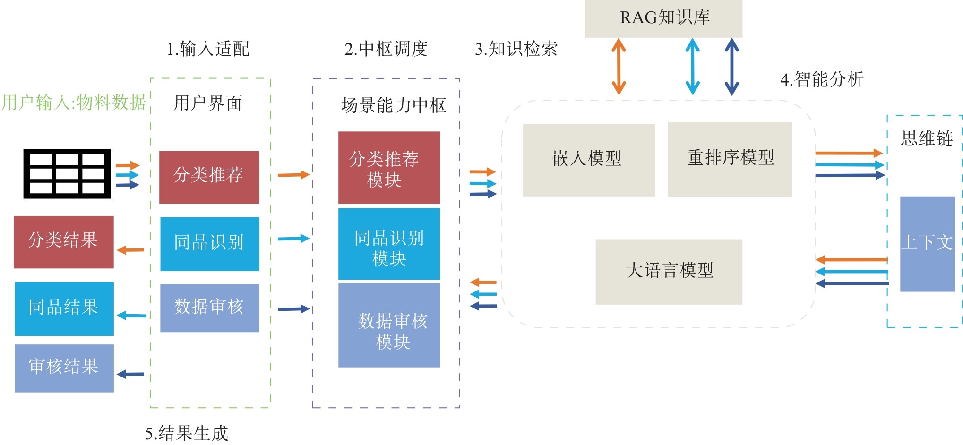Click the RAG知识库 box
(x=663, y=18)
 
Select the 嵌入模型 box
(x=588, y=160)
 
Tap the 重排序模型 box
(x=729, y=159)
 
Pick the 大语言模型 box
(x=669, y=271)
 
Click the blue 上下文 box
(x=927, y=244)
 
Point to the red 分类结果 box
(x=63, y=241)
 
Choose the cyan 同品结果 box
(x=64, y=308)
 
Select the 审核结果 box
(x=64, y=368)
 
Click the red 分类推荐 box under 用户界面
(x=209, y=177)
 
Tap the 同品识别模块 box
(x=389, y=244)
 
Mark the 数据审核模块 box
(x=389, y=325)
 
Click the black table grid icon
(x=67, y=174)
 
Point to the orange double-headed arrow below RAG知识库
(x=619, y=67)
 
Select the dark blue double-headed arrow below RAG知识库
(x=731, y=67)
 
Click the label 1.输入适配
(x=208, y=49)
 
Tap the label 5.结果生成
(x=187, y=433)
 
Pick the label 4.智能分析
(x=822, y=79)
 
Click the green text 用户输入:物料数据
(x=74, y=103)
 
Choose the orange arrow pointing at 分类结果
(x=130, y=250)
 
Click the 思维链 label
(x=927, y=139)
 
